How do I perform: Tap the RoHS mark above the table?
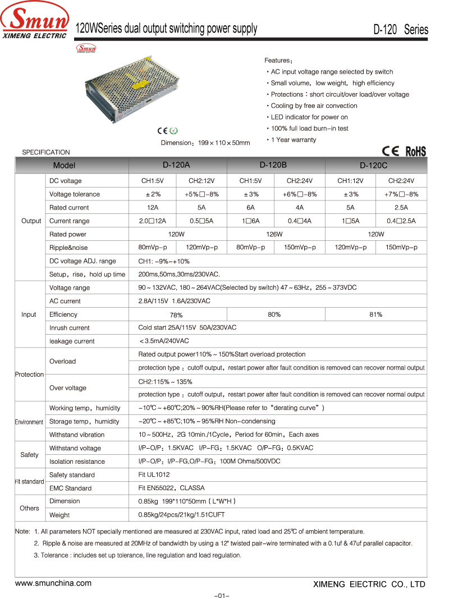click(415, 151)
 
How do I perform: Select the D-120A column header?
click(177, 165)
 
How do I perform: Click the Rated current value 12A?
click(152, 207)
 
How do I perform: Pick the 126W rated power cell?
click(274, 234)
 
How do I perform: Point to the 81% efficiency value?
click(375, 314)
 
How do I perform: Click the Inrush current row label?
click(70, 328)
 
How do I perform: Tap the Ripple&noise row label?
click(68, 248)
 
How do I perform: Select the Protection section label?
click(29, 375)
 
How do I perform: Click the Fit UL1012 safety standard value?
click(154, 475)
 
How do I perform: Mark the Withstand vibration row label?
click(77, 435)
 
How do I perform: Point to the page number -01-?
click(222, 595)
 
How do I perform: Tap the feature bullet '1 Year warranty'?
click(293, 140)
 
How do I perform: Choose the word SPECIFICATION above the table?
click(46, 152)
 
